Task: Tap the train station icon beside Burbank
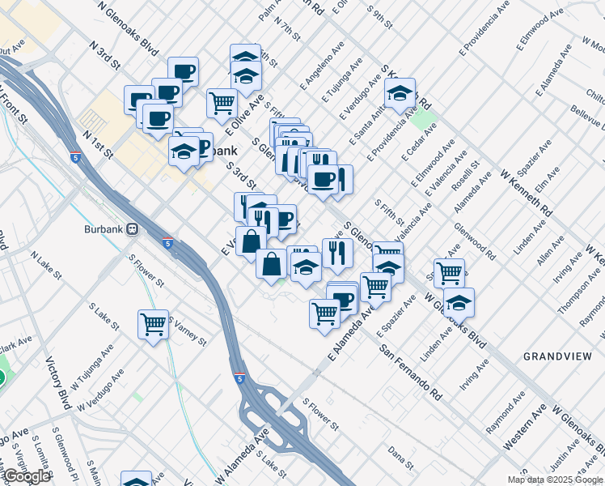[131, 228]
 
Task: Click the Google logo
[27, 476]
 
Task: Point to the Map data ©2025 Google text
[555, 480]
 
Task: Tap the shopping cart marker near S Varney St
[153, 324]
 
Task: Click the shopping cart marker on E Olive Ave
[222, 103]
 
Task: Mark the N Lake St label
[46, 265]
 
